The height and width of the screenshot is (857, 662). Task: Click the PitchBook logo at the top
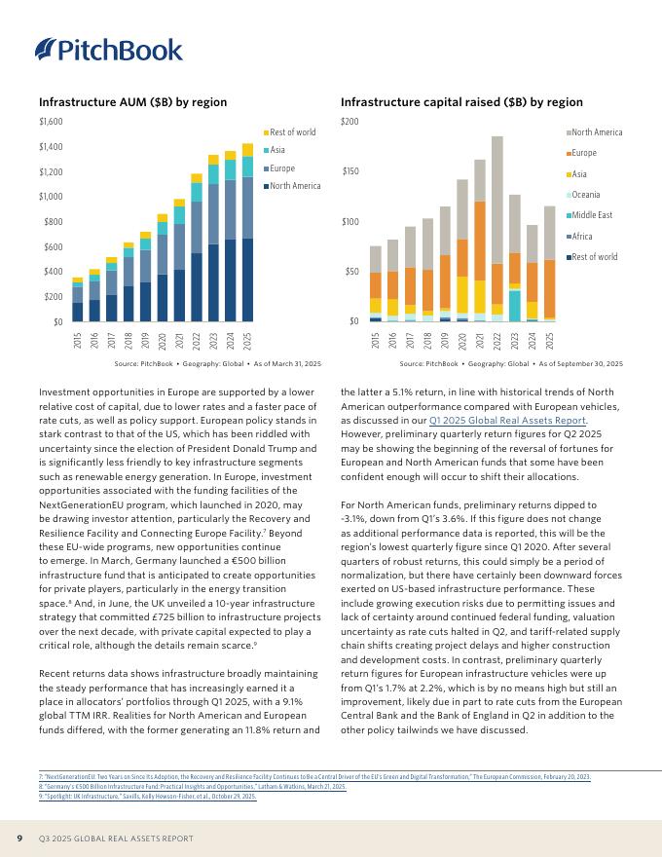click(x=109, y=49)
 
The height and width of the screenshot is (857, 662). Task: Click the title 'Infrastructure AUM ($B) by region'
click(x=132, y=102)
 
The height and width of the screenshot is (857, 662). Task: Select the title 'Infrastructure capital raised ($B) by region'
click(x=461, y=102)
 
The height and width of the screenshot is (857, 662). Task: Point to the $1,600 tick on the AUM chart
click(x=50, y=122)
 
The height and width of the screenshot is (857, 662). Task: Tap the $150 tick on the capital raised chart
click(x=349, y=171)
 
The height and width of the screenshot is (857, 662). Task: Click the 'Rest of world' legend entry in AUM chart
click(x=292, y=132)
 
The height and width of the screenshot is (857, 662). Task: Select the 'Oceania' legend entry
click(x=588, y=195)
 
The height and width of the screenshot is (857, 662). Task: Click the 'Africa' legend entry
click(x=585, y=237)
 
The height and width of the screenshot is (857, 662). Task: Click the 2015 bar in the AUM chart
click(x=78, y=304)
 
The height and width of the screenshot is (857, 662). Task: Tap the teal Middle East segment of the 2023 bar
click(x=514, y=305)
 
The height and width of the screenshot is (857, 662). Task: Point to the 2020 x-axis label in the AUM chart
click(x=163, y=341)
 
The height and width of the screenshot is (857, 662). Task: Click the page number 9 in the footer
click(x=19, y=838)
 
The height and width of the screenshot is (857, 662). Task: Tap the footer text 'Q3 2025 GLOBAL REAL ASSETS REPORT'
click(x=116, y=838)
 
